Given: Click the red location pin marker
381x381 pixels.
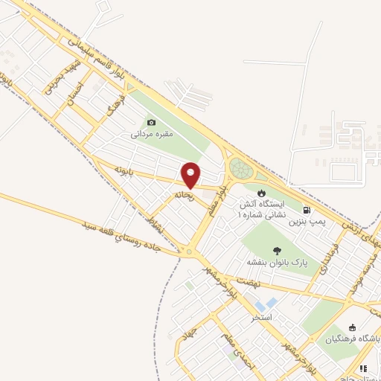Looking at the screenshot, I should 191,175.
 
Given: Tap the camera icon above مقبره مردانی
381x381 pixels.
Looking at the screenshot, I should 152,123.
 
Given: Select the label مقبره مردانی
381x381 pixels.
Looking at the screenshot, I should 152,135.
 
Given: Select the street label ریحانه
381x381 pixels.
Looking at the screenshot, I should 184,195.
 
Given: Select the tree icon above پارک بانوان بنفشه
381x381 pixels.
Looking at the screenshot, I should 277,252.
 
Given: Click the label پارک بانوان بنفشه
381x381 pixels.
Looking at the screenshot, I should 277,263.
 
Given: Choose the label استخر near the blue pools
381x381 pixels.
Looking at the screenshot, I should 262,318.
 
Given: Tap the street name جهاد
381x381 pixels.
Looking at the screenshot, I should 192,333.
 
